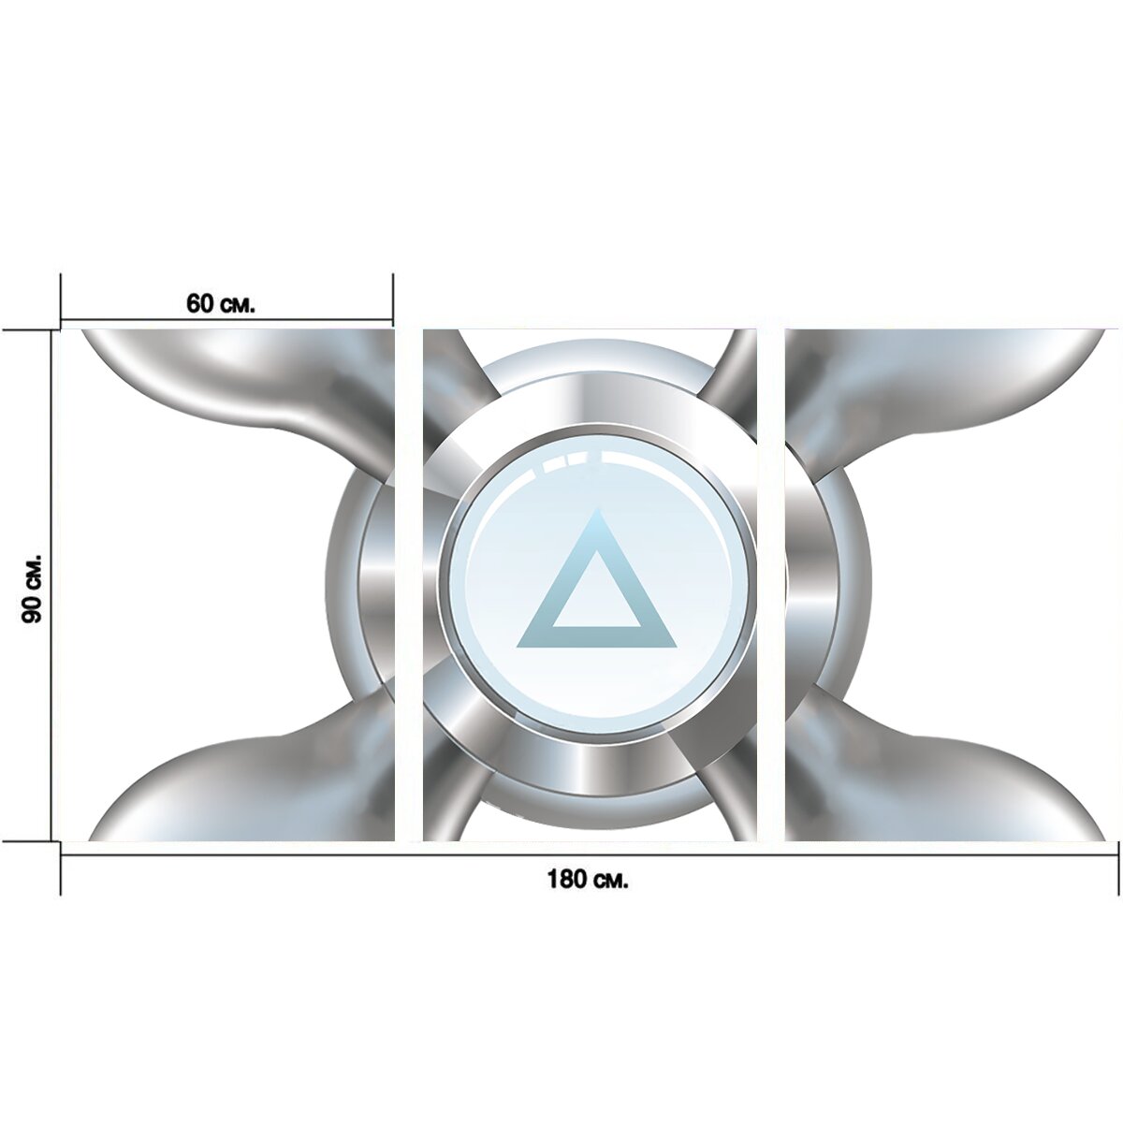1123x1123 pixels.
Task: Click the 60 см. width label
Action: click(x=220, y=303)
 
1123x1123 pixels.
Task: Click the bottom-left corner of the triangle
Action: click(x=517, y=647)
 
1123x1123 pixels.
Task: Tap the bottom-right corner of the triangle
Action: click(x=676, y=647)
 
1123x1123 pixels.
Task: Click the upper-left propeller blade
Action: click(x=245, y=385)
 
